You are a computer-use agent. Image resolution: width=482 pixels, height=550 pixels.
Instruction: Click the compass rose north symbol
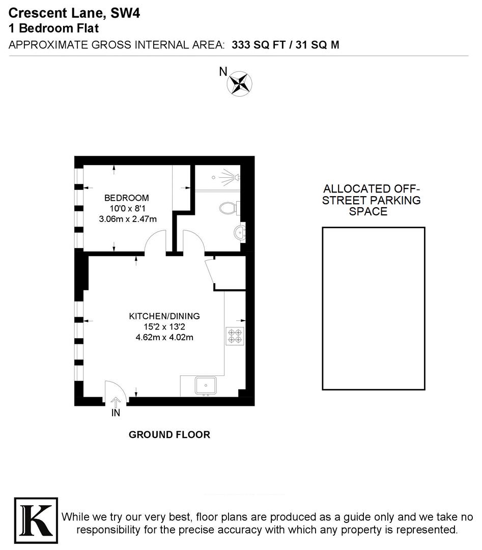[x=239, y=84]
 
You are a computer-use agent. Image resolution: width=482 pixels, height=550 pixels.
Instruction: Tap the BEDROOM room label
[x=127, y=198]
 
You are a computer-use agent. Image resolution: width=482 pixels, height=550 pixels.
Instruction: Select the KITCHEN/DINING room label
[x=164, y=316]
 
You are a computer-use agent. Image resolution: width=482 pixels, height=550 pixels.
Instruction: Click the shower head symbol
[x=232, y=176]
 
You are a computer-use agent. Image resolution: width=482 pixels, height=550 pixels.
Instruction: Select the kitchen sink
[x=206, y=386]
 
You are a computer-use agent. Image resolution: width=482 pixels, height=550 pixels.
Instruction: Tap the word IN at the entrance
[x=116, y=413]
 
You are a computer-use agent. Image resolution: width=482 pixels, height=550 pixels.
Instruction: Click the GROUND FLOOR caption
[x=169, y=435]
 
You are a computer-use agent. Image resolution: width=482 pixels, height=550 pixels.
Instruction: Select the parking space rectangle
[x=373, y=309]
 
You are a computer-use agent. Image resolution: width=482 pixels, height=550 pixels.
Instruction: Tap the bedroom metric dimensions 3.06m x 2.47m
[x=127, y=219]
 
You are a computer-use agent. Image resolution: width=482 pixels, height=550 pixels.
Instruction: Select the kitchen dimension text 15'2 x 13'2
[x=164, y=326]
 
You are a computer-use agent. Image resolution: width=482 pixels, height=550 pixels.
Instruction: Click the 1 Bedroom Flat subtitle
[x=53, y=29]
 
